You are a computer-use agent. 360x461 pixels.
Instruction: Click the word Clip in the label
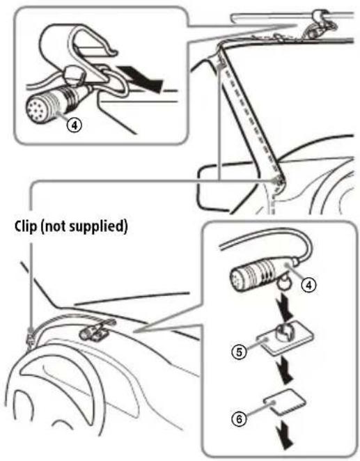click(22, 227)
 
